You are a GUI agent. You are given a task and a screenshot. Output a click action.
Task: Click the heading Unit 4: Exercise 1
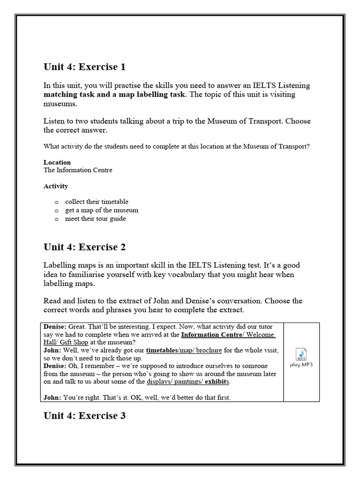click(84, 67)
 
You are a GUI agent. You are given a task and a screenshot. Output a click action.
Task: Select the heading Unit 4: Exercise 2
click(84, 247)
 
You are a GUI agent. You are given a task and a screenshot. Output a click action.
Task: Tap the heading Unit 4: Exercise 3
click(84, 416)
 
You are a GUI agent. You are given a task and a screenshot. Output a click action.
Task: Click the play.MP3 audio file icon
click(301, 358)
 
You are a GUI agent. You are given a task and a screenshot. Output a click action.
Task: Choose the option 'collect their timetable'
click(97, 202)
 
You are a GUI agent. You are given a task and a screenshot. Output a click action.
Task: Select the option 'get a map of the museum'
click(102, 210)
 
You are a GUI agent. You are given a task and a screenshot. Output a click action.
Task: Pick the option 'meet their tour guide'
click(95, 218)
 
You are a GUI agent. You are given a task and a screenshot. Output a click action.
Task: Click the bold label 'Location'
click(57, 163)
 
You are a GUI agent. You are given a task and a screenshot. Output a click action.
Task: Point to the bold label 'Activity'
click(56, 186)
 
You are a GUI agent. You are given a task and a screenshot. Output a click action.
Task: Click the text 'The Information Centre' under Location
click(78, 170)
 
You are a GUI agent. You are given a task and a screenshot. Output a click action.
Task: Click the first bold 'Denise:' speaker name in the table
click(55, 327)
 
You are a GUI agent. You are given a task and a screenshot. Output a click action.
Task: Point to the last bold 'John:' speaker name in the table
click(52, 397)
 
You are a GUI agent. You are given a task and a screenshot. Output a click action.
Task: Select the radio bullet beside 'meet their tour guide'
click(56, 219)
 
